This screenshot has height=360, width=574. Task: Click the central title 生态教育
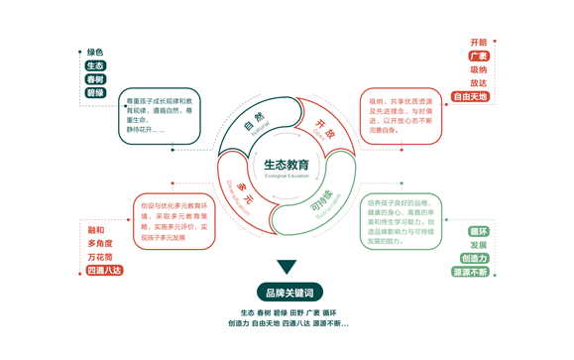pos(287,164)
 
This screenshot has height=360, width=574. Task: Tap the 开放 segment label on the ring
pos(325,128)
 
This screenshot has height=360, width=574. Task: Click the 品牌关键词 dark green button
pos(287,293)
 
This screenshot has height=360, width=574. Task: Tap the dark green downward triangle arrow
pos(287,267)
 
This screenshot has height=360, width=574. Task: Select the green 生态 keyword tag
pos(95,65)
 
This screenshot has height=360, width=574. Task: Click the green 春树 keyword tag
pos(95,79)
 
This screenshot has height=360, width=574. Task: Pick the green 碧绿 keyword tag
pos(95,93)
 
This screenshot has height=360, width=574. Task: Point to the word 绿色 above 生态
pos(95,52)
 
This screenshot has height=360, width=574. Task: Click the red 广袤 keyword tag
pos(478,57)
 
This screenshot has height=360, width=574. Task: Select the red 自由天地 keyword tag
pos(470,97)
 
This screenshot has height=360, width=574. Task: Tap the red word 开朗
pos(478,43)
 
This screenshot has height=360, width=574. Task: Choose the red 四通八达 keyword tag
pos(104,270)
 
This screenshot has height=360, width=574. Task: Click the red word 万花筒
pos(100,257)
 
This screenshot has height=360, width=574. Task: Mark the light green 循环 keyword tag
pos(478,232)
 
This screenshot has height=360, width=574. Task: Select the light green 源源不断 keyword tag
pos(470,272)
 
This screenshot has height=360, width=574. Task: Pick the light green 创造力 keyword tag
pos(474,259)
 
